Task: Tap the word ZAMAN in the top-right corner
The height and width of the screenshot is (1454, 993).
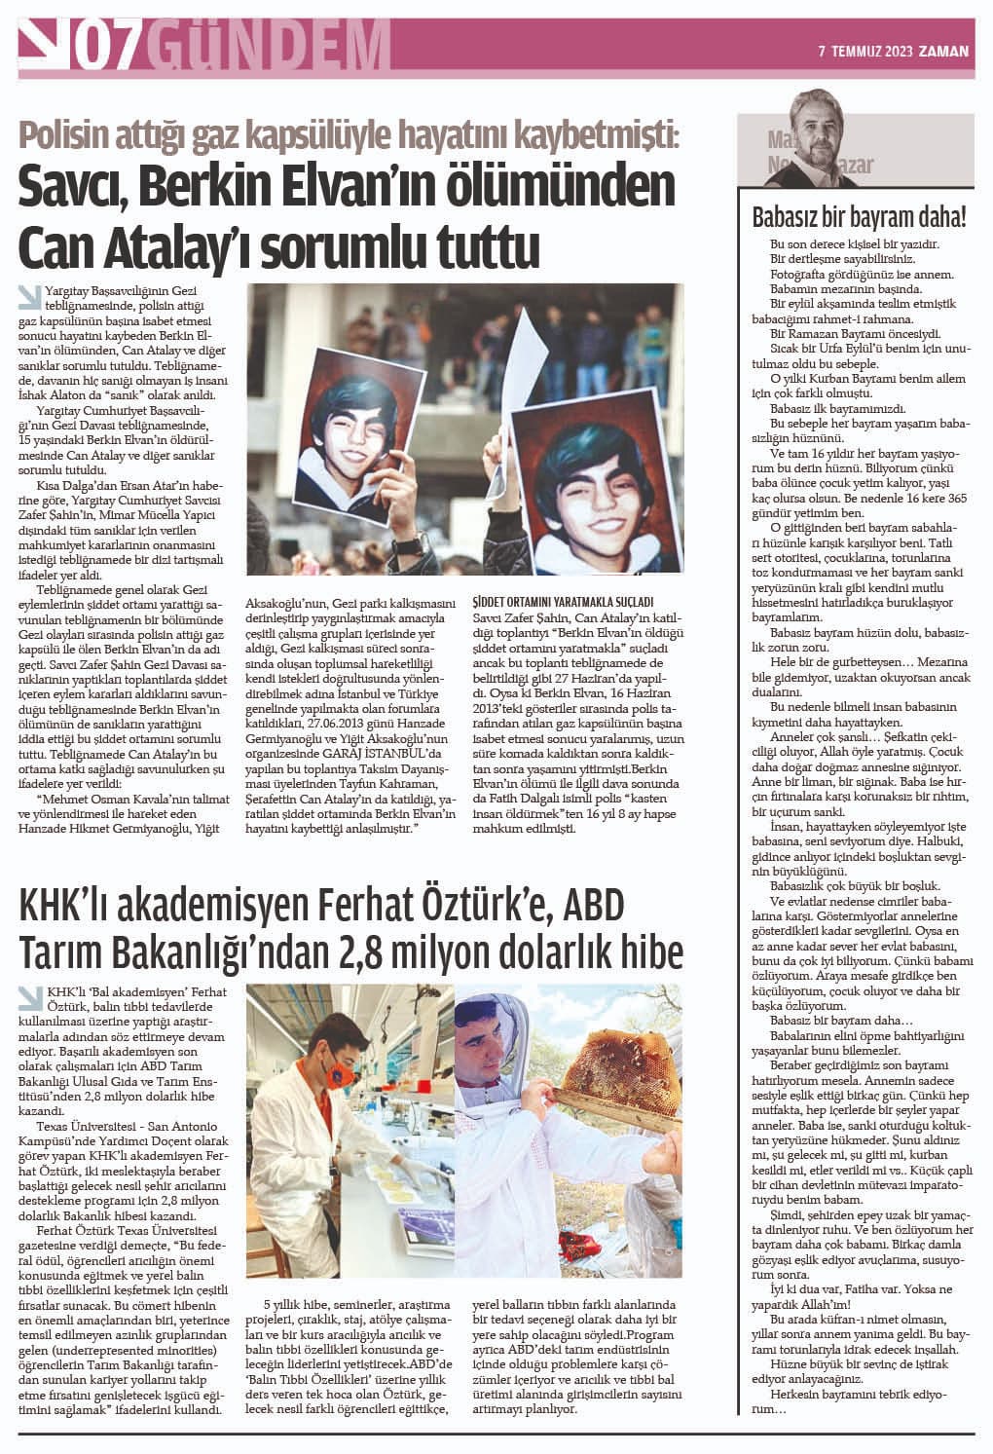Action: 944,52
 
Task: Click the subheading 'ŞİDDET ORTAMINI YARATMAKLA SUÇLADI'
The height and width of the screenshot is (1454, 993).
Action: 562,601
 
